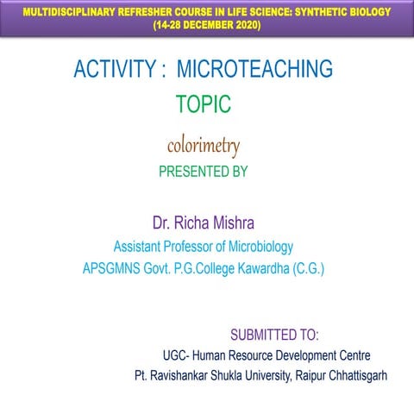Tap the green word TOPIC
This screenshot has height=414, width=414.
point(204,104)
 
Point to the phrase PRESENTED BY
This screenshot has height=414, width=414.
point(204,172)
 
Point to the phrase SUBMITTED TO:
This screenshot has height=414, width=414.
point(275,333)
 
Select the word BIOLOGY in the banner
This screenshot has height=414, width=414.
point(364,13)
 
